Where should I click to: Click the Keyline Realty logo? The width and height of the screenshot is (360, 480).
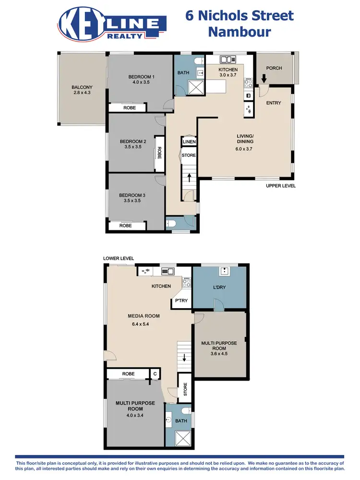112,24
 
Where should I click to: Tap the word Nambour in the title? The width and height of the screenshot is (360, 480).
239,33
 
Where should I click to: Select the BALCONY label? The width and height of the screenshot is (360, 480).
82,87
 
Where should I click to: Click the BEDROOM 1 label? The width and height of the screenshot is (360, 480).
141,77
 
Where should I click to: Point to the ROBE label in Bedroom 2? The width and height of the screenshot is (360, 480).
159,152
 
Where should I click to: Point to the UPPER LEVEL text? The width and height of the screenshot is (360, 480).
281,186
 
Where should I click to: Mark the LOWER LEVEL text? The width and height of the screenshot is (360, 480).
119,258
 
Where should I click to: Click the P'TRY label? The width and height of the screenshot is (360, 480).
181,301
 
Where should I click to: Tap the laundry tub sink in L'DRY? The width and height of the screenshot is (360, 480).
224,271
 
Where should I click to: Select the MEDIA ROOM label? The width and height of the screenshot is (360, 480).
144,316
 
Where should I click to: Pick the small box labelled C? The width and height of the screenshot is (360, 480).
155,374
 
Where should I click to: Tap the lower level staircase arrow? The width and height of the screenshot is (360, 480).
184,357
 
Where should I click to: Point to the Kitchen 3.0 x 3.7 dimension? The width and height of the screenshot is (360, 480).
228,75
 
